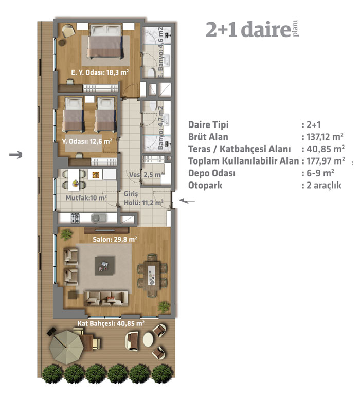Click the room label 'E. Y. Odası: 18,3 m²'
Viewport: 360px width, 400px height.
[100, 72]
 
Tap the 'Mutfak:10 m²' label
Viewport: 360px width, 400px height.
[86, 198]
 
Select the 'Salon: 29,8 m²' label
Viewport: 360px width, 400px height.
[115, 239]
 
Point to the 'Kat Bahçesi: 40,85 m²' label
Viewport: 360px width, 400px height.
[111, 323]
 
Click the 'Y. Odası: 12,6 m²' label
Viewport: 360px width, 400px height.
[87, 141]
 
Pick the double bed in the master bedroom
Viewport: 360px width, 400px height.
[105, 42]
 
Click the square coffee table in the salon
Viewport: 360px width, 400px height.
[104, 266]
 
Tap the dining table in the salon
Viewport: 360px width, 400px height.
[152, 276]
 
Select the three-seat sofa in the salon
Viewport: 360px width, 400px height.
[106, 298]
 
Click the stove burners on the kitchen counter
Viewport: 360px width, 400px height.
[75, 219]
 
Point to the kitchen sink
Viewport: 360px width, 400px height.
[97, 218]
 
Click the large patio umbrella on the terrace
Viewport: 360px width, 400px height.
[66, 347]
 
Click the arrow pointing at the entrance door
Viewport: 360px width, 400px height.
[187, 201]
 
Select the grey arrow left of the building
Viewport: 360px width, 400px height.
[16, 155]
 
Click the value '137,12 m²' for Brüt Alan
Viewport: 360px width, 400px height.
[325, 137]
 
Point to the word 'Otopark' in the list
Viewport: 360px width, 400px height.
[205, 185]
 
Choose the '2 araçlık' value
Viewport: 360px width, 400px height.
[324, 185]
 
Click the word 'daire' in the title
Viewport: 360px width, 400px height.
[265, 30]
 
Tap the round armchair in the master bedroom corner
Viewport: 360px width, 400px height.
[68, 31]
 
